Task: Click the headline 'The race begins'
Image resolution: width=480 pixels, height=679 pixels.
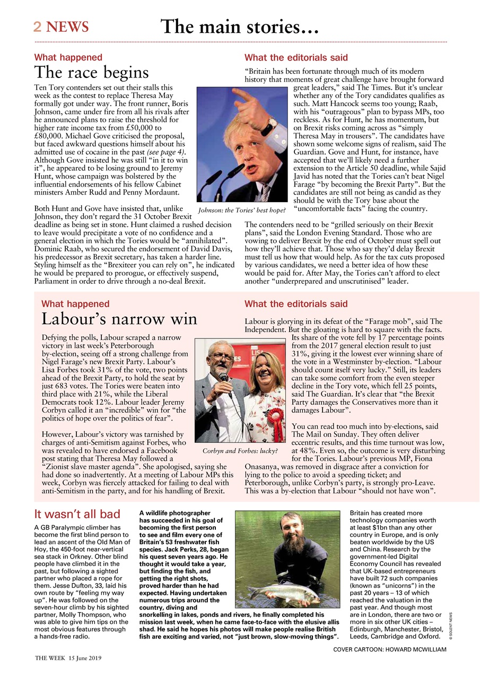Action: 91,72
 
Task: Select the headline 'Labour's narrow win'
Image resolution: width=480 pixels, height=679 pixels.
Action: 119,319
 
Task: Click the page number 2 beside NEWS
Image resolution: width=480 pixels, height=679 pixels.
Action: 38,27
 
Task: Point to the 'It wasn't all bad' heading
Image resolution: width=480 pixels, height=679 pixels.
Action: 77,514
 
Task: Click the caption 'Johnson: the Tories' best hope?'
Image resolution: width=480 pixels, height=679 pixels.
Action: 242,211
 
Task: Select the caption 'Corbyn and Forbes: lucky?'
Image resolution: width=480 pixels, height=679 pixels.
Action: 240,451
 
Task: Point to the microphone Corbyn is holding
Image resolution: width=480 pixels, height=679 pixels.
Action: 225,380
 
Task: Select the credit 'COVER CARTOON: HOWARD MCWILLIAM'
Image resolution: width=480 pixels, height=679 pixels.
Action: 389,650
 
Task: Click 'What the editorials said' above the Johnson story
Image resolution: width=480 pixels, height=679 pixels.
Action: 296,57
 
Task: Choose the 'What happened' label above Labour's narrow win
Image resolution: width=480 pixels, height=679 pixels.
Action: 75,304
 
